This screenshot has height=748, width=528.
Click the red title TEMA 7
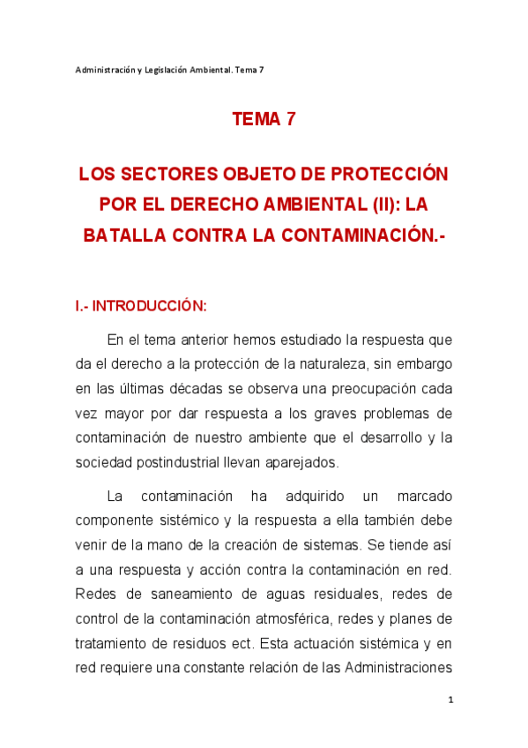tap(264, 120)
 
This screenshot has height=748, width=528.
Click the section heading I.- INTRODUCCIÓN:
tap(141, 306)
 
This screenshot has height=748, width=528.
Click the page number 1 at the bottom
tap(450, 699)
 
